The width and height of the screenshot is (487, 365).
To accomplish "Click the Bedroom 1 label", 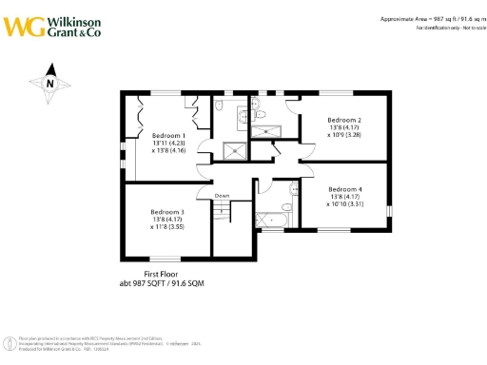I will [168, 136].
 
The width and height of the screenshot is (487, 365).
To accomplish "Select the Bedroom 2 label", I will [344, 120].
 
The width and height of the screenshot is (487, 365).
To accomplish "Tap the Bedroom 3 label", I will [167, 212].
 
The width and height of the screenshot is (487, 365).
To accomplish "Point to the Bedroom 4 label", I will [344, 188].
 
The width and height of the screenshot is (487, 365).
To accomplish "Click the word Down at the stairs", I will [222, 196].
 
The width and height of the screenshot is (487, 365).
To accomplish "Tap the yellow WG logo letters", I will [21, 25].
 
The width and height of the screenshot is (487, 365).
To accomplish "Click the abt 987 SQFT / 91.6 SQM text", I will [161, 283].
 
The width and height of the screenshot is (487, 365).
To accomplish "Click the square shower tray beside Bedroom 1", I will [231, 148].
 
